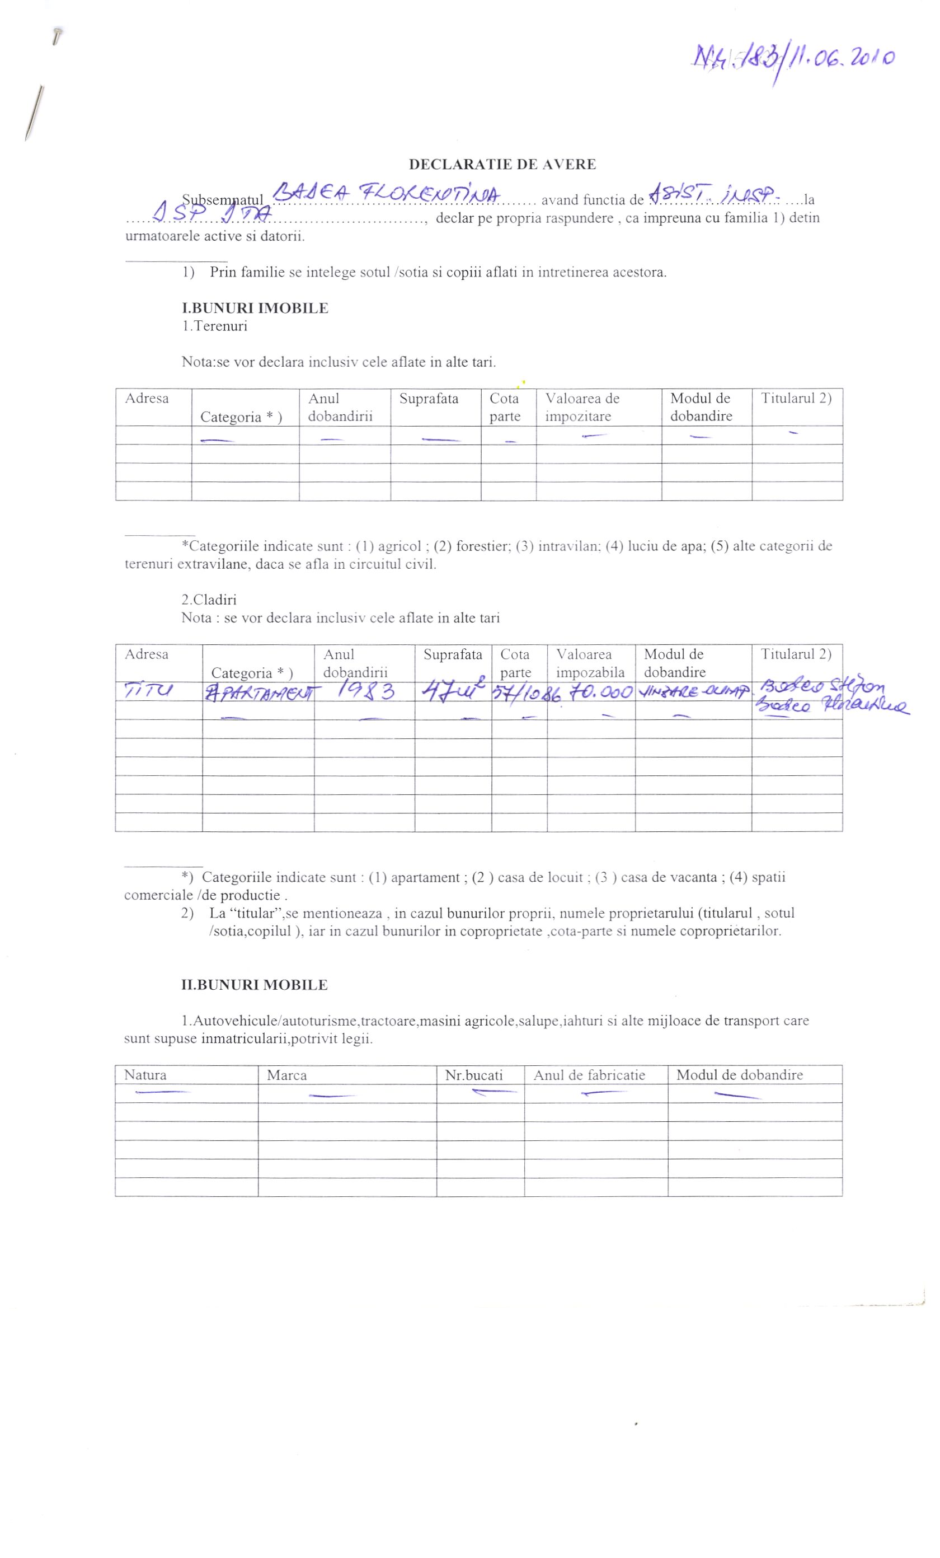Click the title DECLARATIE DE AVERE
pos(502,165)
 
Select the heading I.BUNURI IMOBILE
pos(255,308)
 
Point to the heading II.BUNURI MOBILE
pos(254,985)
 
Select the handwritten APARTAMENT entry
pos(260,694)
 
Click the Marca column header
pos(286,1075)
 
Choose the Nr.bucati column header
pos(473,1075)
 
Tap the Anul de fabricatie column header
pos(589,1075)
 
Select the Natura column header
pos(145,1075)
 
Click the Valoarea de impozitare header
pos(582,406)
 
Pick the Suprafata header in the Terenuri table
pos(429,399)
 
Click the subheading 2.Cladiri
pos(209,600)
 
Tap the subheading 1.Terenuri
pos(214,326)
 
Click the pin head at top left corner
pos(57,32)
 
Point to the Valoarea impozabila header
pos(590,663)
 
